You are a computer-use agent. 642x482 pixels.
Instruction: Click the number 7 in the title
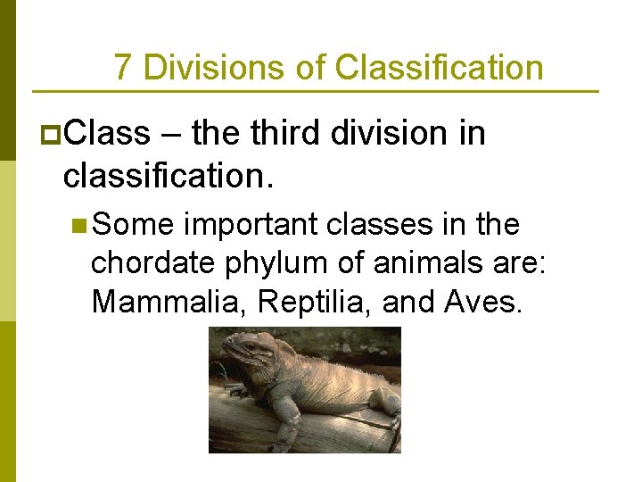pyautogui.click(x=124, y=68)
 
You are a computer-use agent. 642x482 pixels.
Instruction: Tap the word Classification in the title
pyautogui.click(x=439, y=68)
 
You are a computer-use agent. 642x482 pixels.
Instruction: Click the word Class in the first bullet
pyautogui.click(x=107, y=134)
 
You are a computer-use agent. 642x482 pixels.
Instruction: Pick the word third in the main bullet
pyautogui.click(x=281, y=134)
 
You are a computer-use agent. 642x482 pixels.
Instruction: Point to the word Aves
pyautogui.click(x=481, y=302)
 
